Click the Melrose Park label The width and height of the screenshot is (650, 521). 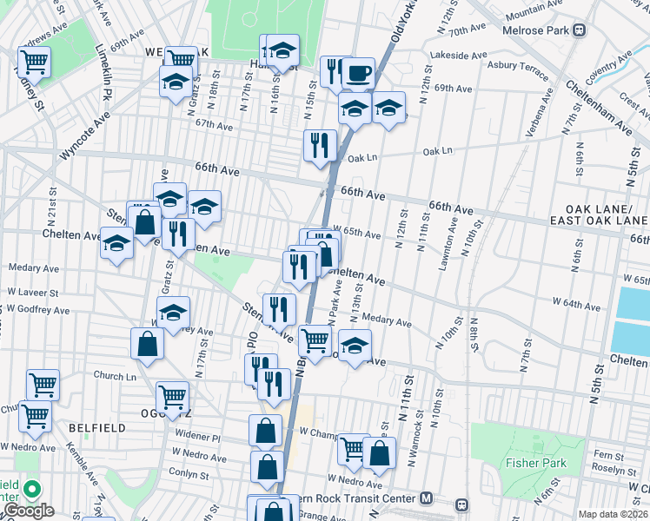pyautogui.click(x=536, y=30)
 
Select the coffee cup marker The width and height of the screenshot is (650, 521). pyautogui.click(x=356, y=72)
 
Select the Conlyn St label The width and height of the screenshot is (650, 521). pyautogui.click(x=189, y=475)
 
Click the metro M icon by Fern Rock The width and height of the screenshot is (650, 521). pyautogui.click(x=426, y=498)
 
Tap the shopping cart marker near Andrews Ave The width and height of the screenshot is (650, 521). pyautogui.click(x=34, y=62)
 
